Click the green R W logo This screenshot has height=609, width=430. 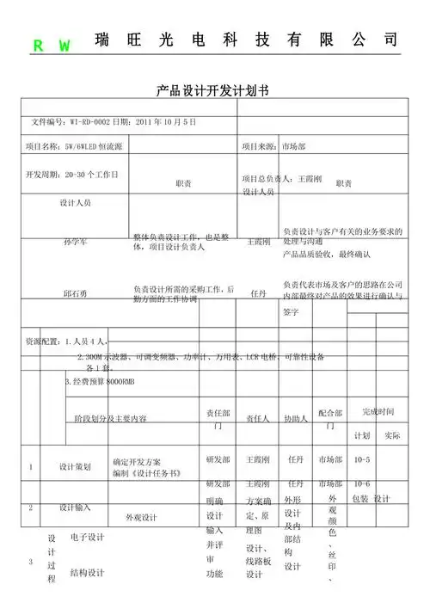tap(52, 46)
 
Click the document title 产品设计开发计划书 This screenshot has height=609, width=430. tap(213, 90)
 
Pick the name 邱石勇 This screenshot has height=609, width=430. tap(76, 293)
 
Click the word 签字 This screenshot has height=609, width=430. tap(291, 311)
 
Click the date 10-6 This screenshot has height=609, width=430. tap(362, 483)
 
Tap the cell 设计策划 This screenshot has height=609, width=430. tap(75, 467)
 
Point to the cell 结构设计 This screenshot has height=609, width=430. tap(87, 571)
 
